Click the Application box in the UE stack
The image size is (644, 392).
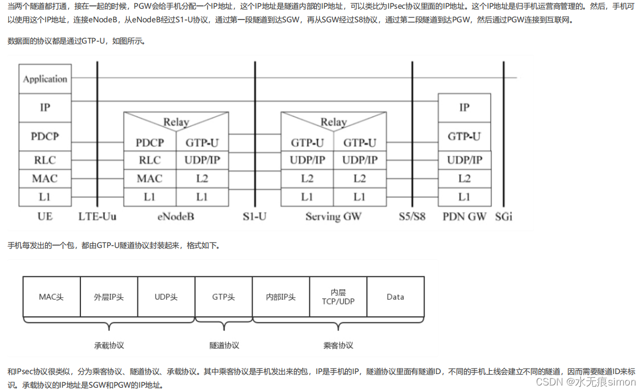coord(45,79)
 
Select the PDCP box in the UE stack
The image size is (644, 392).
coord(45,136)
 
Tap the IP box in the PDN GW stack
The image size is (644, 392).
coord(464,108)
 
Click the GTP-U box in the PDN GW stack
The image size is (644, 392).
coord(464,136)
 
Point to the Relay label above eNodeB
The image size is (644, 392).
coord(176,122)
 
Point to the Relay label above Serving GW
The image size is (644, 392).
coord(333,122)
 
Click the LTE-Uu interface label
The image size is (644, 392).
coord(98,217)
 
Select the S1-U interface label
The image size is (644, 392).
coord(254,217)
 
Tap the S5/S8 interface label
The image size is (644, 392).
coord(412,217)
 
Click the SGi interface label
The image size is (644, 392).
coord(504,217)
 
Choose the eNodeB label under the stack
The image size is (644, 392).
coord(176,217)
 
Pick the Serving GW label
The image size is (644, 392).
coord(333,217)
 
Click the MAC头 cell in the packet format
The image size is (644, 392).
coord(51,297)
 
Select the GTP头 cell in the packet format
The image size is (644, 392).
coord(223,297)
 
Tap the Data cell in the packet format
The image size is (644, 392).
coord(395,297)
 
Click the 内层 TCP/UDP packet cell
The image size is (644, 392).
coord(338,297)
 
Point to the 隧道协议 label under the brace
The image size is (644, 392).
coord(224,345)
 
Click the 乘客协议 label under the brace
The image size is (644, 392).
coord(338,345)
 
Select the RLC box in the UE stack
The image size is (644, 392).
coord(45,160)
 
